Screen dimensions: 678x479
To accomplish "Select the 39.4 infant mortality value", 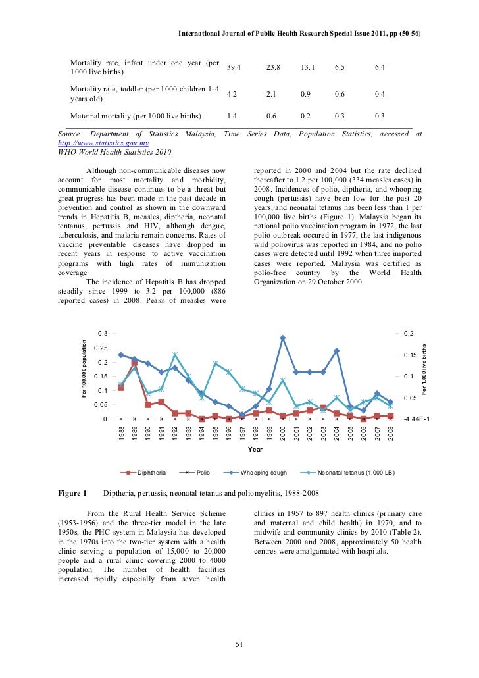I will [x=234, y=67].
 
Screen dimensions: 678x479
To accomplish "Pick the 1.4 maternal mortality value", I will [x=232, y=116].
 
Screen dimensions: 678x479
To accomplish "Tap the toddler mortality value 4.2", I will [x=232, y=94].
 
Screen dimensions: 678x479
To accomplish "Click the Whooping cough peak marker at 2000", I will [x=282, y=338].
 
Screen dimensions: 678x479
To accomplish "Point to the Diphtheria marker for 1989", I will [x=134, y=363].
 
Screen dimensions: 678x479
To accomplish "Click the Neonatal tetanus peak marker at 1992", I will [x=175, y=355].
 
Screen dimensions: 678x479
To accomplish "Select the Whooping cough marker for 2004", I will [x=336, y=351].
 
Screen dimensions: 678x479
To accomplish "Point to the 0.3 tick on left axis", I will [x=102, y=334].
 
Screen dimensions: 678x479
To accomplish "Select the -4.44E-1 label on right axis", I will [x=418, y=419].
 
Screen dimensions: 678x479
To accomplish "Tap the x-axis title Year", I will [x=255, y=450].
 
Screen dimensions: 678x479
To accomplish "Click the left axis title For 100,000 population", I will [x=84, y=367].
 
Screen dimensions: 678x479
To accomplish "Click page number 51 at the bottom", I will [x=239, y=644].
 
